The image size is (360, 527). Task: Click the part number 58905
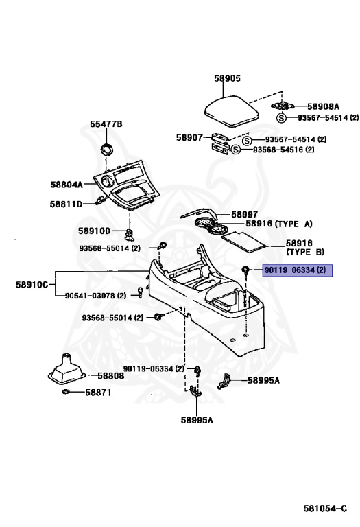point(228,78)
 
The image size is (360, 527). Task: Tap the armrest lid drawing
point(232,112)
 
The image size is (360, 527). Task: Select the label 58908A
point(323,106)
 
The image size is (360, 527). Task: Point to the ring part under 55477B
point(107,149)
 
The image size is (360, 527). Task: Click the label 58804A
point(67,185)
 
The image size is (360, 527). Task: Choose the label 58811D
point(66,204)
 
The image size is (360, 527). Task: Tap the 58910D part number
point(95,231)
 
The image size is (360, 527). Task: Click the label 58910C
point(32,285)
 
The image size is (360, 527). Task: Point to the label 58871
point(98,393)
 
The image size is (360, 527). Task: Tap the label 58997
point(245,214)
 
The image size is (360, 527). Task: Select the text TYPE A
point(293,224)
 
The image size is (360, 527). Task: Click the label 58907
point(190,137)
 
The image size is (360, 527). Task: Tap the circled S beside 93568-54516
point(236,150)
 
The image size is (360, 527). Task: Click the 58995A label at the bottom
point(197,420)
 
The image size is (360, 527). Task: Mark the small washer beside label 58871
point(66,392)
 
